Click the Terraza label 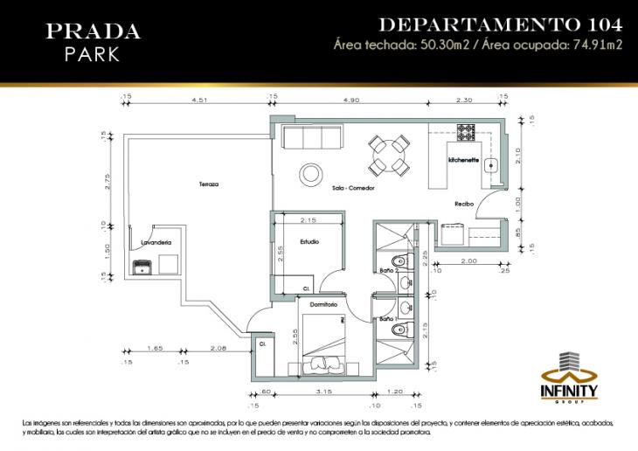pos(207,184)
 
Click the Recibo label pos(463,204)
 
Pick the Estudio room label pos(309,241)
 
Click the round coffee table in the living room pos(310,172)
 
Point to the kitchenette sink pos(492,164)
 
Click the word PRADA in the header pos(93,32)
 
